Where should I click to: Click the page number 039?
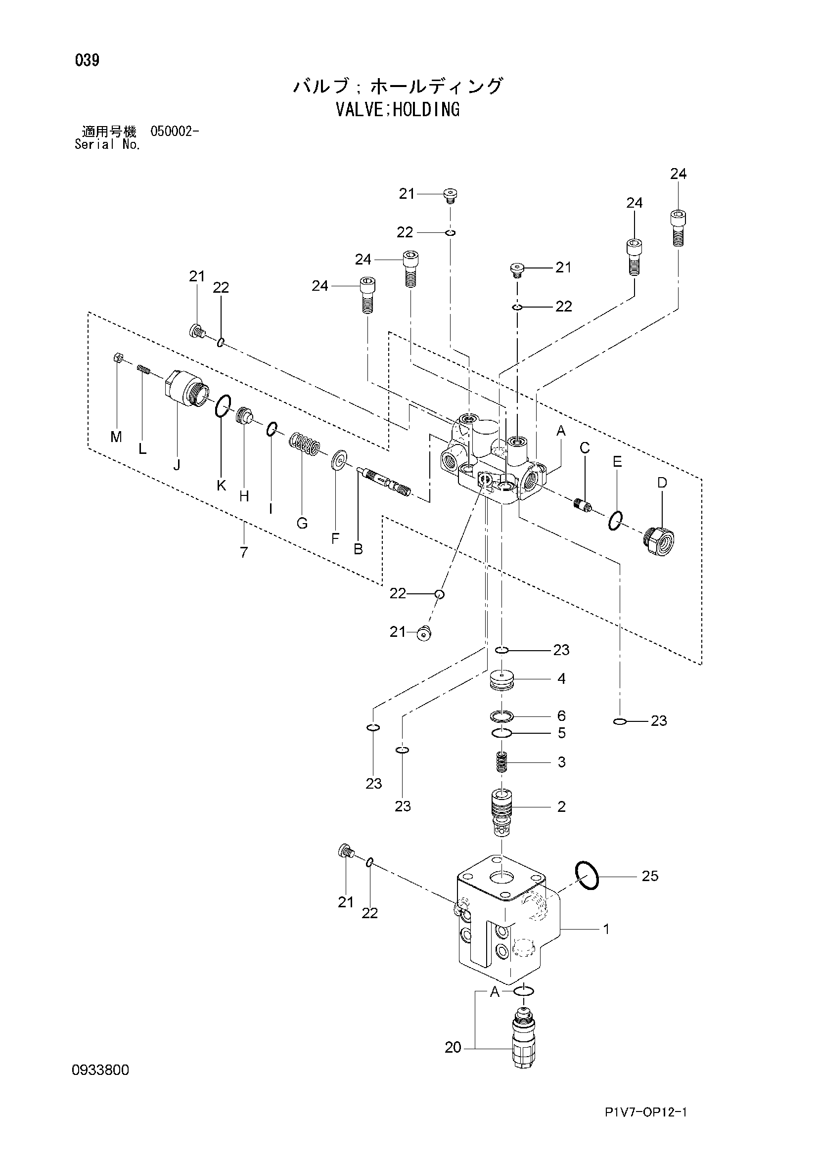tap(87, 60)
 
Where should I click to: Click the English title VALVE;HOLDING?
tap(398, 109)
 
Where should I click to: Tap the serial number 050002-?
tap(174, 132)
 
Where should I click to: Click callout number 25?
tap(650, 876)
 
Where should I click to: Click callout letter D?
tap(662, 483)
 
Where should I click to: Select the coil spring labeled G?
tap(304, 444)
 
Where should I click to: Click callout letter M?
tap(116, 437)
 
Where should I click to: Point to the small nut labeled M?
tap(116, 357)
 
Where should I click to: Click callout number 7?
tap(244, 552)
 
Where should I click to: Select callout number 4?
tap(561, 679)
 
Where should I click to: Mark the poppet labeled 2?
tap(501, 811)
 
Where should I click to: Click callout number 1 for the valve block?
tap(606, 929)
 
